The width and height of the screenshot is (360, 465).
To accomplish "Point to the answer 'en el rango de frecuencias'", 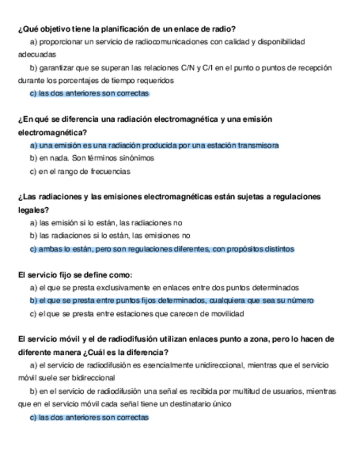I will (80, 171).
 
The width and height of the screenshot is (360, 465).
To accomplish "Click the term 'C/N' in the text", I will (187, 67).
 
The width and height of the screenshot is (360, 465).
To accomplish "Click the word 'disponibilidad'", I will (277, 42).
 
